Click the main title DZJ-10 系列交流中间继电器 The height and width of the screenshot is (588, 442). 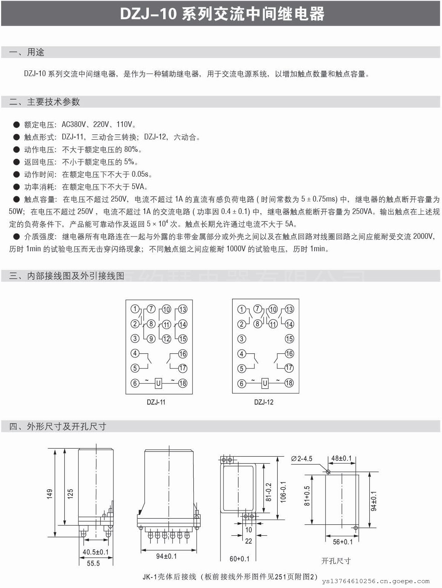[222, 14]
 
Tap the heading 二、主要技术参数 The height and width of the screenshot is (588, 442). [44, 102]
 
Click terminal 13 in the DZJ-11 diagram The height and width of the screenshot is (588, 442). [182, 309]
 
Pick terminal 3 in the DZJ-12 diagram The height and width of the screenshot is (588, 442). [242, 339]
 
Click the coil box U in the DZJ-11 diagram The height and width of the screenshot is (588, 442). [158, 383]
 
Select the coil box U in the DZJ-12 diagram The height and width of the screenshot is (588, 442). [265, 383]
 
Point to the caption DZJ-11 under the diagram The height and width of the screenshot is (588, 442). [156, 402]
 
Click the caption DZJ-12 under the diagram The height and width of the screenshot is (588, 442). [264, 402]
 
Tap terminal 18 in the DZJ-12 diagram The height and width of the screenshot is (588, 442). [289, 383]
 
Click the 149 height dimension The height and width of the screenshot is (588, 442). [50, 494]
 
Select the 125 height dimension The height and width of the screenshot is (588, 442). [70, 494]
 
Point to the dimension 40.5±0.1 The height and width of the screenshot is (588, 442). [95, 552]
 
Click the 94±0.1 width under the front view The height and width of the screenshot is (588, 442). [166, 556]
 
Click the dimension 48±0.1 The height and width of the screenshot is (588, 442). [341, 458]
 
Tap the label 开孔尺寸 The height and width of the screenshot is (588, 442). [336, 561]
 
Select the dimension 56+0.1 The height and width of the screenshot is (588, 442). [343, 542]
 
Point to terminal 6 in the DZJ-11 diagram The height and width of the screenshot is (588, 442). [135, 383]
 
